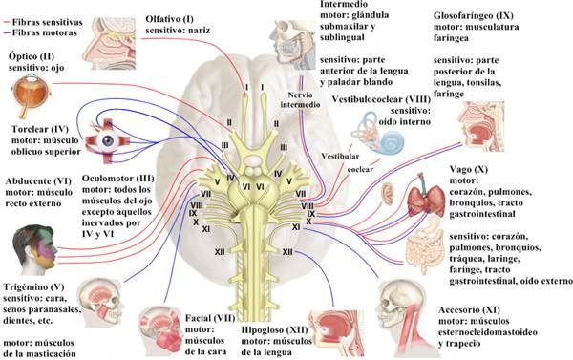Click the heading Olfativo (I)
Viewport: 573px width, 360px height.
[x=170, y=19]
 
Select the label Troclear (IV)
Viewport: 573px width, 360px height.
[x=40, y=129]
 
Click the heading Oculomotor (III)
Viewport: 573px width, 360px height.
[x=118, y=179]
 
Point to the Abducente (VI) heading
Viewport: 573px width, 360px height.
[x=38, y=181]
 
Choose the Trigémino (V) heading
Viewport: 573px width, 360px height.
[x=34, y=287]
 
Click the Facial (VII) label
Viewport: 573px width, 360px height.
[x=210, y=318]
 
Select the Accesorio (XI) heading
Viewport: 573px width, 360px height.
[x=469, y=310]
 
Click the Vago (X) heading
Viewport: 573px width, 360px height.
[x=469, y=170]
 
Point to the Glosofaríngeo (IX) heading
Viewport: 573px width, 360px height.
[x=474, y=15]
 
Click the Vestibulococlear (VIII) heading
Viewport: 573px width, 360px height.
[x=381, y=99]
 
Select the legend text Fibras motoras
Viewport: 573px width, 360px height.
[x=45, y=32]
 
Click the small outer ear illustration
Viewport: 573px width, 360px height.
[x=388, y=194]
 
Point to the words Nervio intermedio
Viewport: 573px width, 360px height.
[x=300, y=99]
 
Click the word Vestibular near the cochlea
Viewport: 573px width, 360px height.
[x=340, y=157]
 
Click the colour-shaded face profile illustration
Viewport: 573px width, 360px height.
[x=35, y=249]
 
